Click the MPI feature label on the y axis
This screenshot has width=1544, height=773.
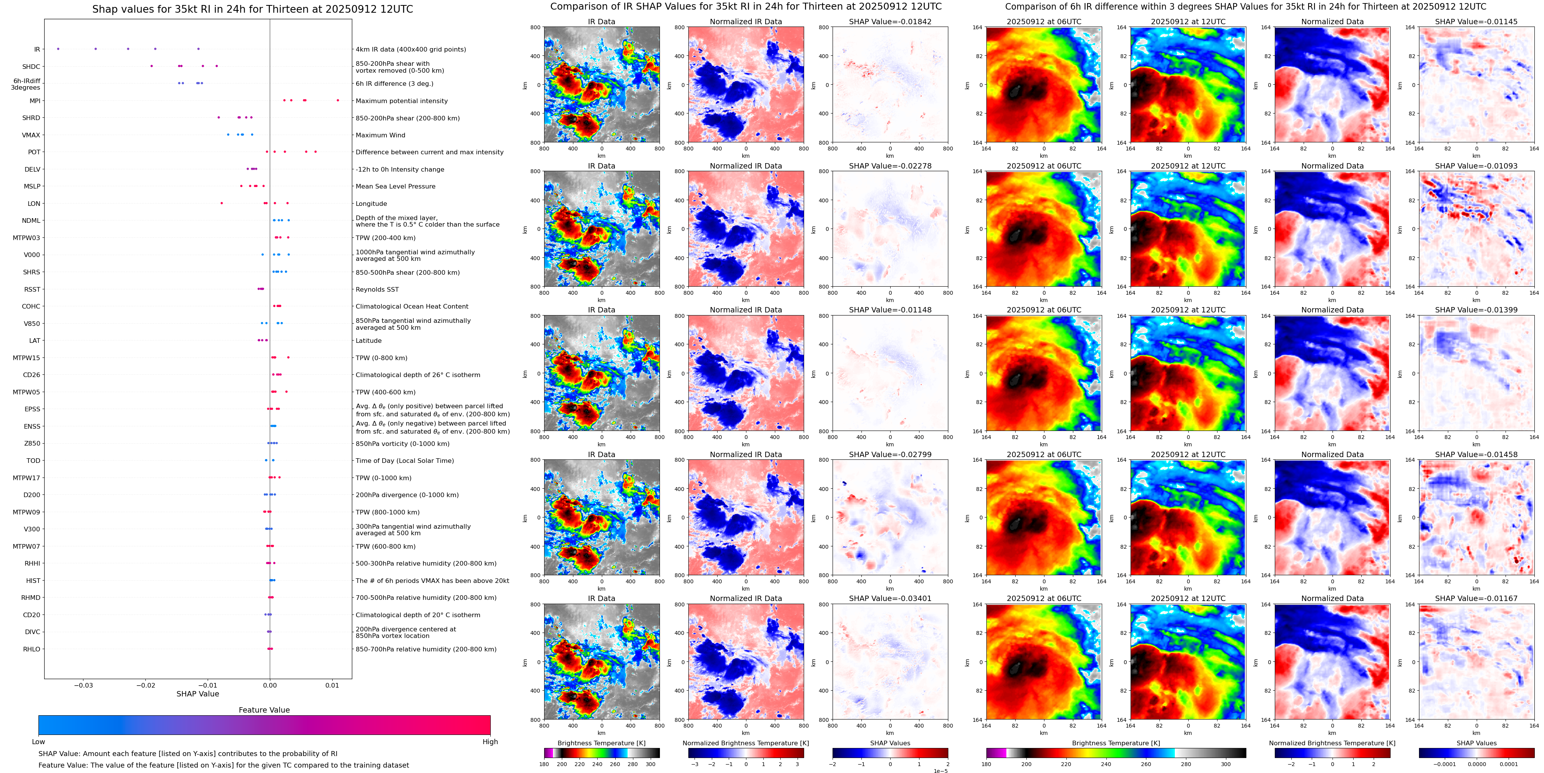tap(35, 101)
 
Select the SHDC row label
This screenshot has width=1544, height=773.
tap(31, 67)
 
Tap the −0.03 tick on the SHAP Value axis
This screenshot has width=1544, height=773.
tap(83, 685)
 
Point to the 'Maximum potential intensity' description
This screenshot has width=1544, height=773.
tap(401, 101)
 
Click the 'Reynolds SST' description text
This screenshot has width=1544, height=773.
tap(377, 289)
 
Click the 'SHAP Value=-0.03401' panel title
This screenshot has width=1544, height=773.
tap(889, 598)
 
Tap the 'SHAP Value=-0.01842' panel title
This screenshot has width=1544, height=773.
tap(889, 22)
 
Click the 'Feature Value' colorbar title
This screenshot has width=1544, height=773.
tap(264, 710)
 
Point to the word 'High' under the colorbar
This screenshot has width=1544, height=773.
tap(490, 742)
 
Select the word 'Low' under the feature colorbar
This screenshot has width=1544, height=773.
tap(38, 742)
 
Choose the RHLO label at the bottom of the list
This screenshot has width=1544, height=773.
tap(32, 649)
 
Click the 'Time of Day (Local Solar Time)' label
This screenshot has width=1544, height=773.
tap(405, 461)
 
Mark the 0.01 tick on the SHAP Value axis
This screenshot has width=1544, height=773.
tap(332, 685)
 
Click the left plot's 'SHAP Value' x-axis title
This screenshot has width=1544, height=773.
tap(198, 694)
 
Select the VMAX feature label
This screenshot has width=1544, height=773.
tap(31, 135)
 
